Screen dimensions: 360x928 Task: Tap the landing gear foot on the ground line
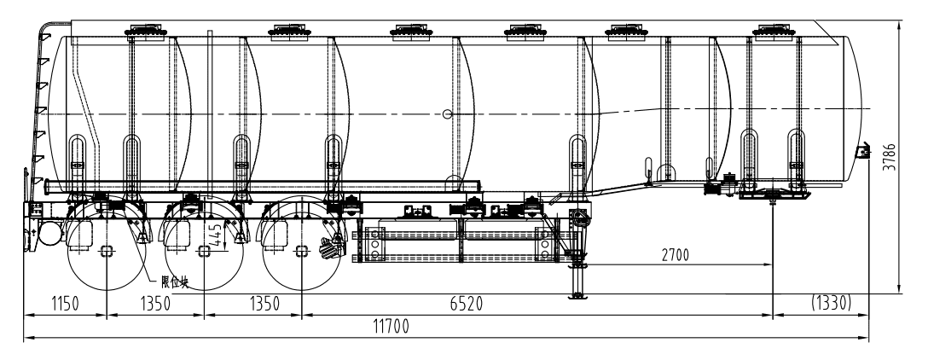pos(579,295)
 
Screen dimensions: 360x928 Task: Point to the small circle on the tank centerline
pos(448,113)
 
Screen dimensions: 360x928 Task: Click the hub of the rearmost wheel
pos(106,250)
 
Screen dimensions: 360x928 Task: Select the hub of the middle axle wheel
pos(204,250)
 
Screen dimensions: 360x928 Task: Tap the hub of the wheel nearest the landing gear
pos(301,250)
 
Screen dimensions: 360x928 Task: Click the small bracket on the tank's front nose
pos(862,152)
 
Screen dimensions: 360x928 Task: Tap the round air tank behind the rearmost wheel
pos(48,233)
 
